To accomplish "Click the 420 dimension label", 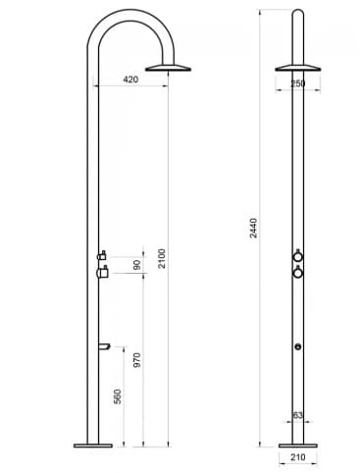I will tap(131, 79).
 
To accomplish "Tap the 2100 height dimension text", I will tap(163, 258).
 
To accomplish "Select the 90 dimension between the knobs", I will tap(137, 265).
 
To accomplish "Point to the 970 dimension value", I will tap(137, 359).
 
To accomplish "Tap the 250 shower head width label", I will tap(298, 84).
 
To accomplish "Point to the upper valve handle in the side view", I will tap(101, 256).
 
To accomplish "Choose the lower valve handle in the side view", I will tap(101, 274).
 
